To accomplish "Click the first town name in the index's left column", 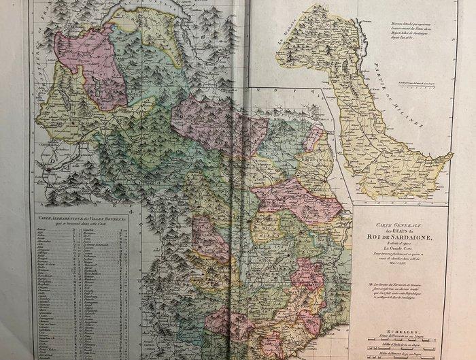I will click(48, 231).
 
